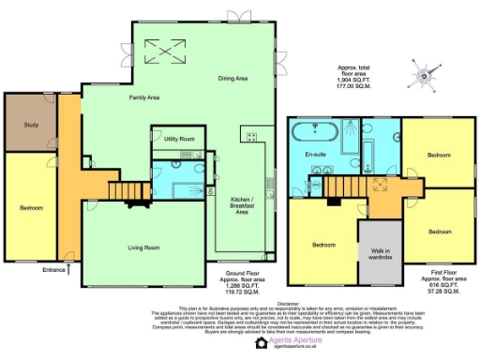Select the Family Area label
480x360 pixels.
(x=118, y=97)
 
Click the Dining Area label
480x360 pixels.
(x=233, y=80)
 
